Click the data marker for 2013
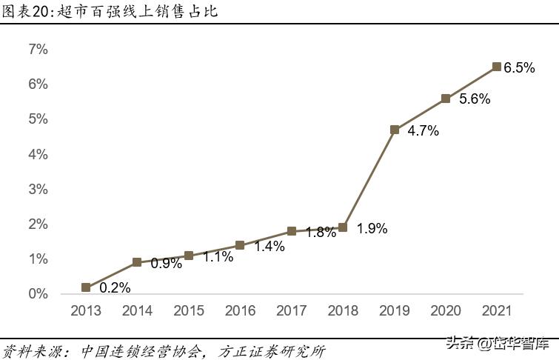86,287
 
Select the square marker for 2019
395,130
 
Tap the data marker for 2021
497,67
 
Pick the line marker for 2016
240,245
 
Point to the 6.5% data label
519,68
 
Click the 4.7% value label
424,131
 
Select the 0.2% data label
115,288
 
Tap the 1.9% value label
372,229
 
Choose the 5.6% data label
475,99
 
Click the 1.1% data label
218,257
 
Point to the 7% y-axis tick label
38,50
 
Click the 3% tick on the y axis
38,190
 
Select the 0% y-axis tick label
38,294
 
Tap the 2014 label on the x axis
137,311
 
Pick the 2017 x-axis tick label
291,311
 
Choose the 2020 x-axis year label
446,311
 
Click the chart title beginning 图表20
109,12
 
